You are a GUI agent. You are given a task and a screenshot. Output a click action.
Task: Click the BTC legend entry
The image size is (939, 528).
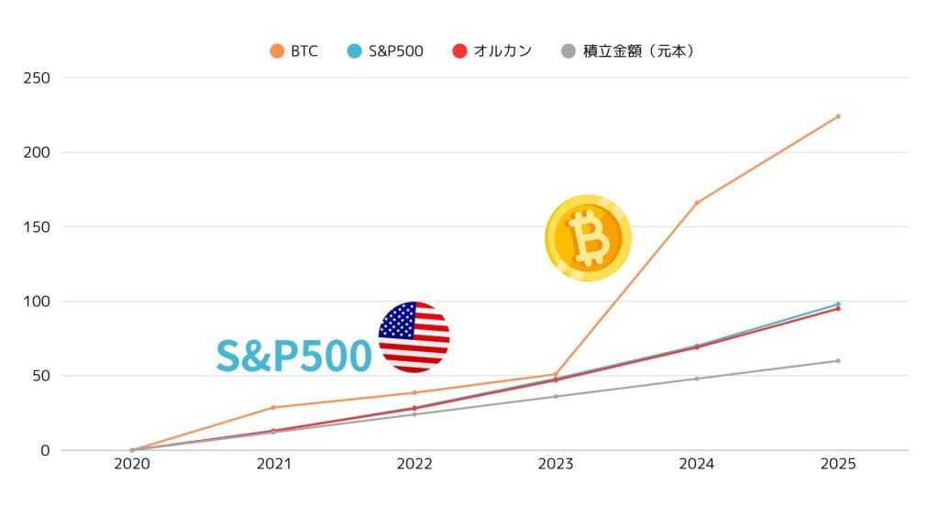coord(294,51)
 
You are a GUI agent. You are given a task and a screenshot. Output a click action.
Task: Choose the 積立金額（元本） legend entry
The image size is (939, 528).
coord(627,51)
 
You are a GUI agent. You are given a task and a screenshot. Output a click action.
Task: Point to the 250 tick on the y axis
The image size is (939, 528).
coord(37,78)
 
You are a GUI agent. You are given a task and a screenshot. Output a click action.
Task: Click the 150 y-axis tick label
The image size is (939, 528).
coord(37,226)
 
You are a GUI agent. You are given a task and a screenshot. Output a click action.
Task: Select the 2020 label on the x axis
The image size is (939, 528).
coord(132,465)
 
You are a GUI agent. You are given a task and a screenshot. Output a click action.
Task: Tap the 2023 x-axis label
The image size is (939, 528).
coord(556,465)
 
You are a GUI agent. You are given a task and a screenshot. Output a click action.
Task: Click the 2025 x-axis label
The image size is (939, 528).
coord(837,465)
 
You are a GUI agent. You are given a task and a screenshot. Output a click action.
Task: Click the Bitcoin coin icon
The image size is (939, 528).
coord(588,237)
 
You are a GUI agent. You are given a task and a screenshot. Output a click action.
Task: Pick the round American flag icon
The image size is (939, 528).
coord(414,336)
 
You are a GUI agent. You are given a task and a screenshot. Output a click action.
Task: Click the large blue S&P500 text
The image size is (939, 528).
coord(293,357)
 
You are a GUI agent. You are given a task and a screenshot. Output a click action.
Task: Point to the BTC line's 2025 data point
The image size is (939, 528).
coord(837,116)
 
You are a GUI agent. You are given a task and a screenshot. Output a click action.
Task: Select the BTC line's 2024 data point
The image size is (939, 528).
coord(697,203)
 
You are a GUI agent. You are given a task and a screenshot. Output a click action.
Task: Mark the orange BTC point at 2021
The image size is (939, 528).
coord(273,407)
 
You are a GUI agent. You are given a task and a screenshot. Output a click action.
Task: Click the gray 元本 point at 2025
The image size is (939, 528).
coord(837,360)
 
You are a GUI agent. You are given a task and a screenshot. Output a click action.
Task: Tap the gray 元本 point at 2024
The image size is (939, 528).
coord(697,379)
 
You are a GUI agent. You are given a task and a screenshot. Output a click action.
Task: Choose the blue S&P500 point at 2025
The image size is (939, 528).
coord(837,303)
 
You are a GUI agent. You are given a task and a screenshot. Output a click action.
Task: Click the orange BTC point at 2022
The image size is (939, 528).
coord(414,392)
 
